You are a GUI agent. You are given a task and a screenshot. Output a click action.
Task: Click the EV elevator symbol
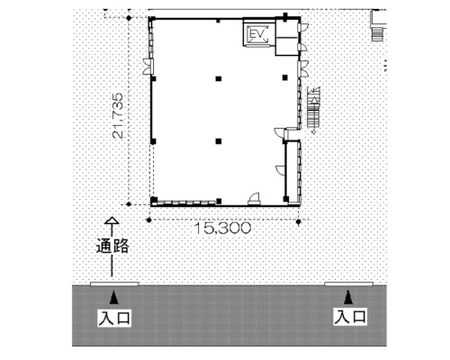click(x=256, y=34)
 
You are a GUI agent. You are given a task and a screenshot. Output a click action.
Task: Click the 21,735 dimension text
click(x=118, y=115)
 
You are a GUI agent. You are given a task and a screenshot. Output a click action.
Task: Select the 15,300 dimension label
click(x=223, y=229)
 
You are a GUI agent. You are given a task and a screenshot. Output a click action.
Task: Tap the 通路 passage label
click(x=112, y=246)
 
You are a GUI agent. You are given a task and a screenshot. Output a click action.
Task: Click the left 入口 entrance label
click(x=114, y=318)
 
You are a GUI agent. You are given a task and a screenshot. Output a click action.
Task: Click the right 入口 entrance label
click(x=350, y=317)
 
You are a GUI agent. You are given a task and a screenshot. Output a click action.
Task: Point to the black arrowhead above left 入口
click(x=113, y=297)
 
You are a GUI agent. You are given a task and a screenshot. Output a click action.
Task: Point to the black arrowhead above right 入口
click(x=348, y=297)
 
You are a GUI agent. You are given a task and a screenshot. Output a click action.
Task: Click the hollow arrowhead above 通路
click(x=112, y=220)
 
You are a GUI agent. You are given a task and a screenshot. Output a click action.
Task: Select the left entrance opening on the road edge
click(x=114, y=283)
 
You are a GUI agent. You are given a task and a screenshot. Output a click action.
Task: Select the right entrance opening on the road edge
click(x=349, y=283)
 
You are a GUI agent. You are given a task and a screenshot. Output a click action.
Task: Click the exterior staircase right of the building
click(x=314, y=110)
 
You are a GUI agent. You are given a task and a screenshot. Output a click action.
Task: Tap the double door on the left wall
click(x=148, y=67)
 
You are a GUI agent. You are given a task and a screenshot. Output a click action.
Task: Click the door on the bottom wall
click(x=254, y=199)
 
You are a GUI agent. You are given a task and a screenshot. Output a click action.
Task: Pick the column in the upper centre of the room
click(x=219, y=79)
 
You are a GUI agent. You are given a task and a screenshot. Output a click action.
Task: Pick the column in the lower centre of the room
click(x=219, y=141)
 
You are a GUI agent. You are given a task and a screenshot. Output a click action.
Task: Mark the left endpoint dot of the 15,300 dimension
click(x=149, y=220)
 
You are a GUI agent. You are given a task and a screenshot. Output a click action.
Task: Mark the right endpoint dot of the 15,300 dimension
click(x=298, y=222)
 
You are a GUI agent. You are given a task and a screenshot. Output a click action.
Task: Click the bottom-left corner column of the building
click(x=154, y=200)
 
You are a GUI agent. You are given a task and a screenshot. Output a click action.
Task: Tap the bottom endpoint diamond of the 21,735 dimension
click(x=129, y=204)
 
